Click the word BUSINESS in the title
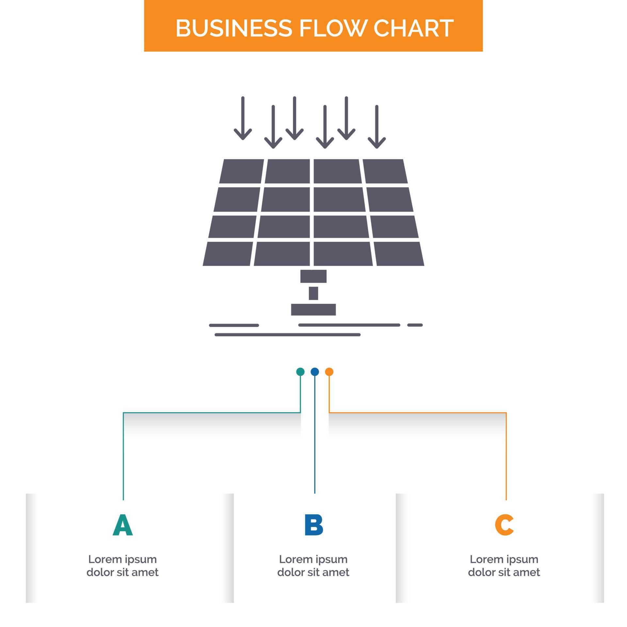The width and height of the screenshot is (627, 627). click(x=233, y=28)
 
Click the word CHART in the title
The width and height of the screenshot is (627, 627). click(x=413, y=28)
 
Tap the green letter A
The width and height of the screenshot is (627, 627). click(x=122, y=525)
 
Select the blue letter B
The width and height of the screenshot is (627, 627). click(x=313, y=525)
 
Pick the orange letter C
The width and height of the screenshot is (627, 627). click(x=504, y=525)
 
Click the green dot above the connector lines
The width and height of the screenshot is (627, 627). click(x=300, y=372)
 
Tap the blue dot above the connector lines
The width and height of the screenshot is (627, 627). click(x=314, y=372)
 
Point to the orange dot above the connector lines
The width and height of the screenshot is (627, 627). click(x=329, y=372)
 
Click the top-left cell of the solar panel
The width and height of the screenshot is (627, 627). click(x=242, y=171)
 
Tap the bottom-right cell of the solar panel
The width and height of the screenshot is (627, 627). click(x=398, y=254)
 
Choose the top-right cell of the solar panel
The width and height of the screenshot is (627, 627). click(x=385, y=171)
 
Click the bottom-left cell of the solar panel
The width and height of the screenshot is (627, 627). click(x=228, y=254)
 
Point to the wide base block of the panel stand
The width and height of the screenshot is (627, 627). click(x=313, y=310)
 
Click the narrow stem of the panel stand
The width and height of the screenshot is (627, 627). click(x=313, y=293)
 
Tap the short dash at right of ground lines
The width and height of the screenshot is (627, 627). click(x=415, y=325)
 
